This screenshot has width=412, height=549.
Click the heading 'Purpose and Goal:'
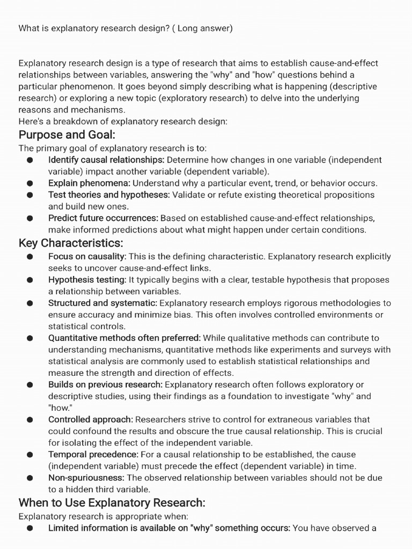(67, 134)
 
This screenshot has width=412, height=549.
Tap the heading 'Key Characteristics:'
(71, 243)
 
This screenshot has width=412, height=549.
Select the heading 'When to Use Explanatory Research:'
(112, 502)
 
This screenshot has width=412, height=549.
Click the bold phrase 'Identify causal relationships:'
(106, 160)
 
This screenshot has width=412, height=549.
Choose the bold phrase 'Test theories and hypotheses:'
(109, 195)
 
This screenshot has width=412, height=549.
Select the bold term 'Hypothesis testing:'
(87, 280)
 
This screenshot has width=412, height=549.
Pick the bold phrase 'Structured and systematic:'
(102, 303)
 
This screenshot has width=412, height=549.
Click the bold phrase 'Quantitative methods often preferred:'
(124, 338)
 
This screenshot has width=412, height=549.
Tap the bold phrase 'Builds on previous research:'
(105, 384)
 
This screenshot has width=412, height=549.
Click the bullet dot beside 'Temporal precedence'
(30, 455)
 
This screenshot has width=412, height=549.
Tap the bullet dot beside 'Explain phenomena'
(30, 183)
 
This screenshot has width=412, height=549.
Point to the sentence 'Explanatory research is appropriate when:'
(104, 516)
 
